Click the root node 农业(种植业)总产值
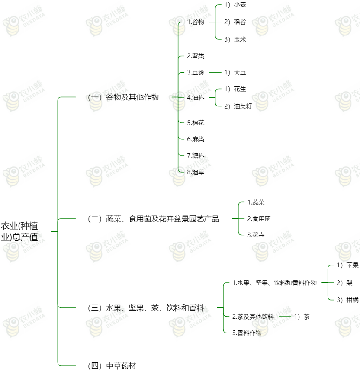(x=19, y=231)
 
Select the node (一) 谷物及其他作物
(x=123, y=97)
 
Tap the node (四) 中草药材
(x=112, y=366)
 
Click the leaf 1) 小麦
(x=235, y=5)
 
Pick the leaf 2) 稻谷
(x=235, y=22)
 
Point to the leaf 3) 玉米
(x=235, y=39)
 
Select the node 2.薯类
(x=196, y=56)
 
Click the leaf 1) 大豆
(x=235, y=72)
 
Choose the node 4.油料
(x=196, y=97)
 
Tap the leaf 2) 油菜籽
(x=238, y=106)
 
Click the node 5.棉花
(x=196, y=123)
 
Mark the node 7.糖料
(x=196, y=156)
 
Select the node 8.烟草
(x=196, y=172)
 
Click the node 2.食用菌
(x=259, y=219)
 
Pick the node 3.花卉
(x=256, y=235)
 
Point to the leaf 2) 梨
(x=344, y=282)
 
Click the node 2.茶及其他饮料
(x=253, y=317)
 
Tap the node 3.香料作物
(x=247, y=333)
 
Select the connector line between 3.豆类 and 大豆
(x=215, y=72)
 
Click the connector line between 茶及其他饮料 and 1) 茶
(x=285, y=317)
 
